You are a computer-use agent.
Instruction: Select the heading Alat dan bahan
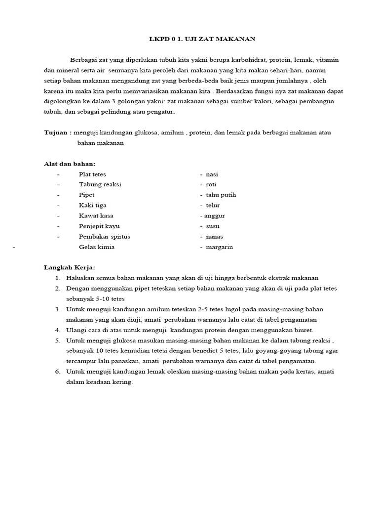coord(70,164)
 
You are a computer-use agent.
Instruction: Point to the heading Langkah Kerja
coord(70,267)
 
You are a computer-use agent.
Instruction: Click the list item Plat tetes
coord(92,174)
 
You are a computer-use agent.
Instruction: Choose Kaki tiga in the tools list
coord(92,205)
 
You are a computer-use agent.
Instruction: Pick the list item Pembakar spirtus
coord(104,236)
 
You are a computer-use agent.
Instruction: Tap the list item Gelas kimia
coord(96,247)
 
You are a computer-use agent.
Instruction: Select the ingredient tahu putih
coord(221,195)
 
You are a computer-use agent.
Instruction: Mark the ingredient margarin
coord(219,247)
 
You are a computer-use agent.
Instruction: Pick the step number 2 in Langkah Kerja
coord(57,289)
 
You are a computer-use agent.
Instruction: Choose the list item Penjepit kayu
coord(99,226)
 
